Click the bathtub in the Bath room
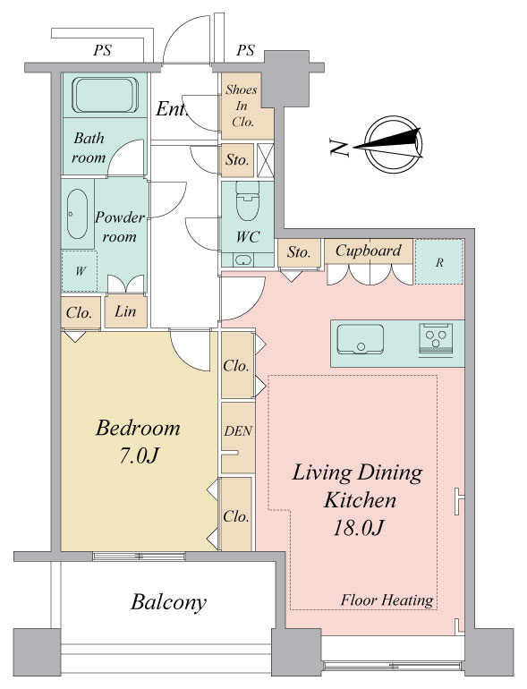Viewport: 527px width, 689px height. click(105, 95)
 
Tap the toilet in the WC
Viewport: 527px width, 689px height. click(248, 200)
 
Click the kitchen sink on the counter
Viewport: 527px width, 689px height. click(360, 339)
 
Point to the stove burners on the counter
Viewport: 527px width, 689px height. click(436, 337)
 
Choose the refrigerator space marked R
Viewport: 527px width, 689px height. click(439, 262)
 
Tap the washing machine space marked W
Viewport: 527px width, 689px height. click(79, 271)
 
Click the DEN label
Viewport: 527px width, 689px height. click(238, 431)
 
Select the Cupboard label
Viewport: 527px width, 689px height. click(369, 251)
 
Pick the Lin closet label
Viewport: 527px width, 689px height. click(125, 311)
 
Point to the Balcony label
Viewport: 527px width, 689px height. click(168, 602)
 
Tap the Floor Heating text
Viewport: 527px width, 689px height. click(387, 600)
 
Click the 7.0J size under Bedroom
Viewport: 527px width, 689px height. click(138, 456)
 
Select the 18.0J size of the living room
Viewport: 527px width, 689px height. click(359, 528)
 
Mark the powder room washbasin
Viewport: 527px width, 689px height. click(77, 214)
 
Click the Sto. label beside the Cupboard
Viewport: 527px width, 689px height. click(299, 252)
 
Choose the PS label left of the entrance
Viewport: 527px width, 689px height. click(102, 50)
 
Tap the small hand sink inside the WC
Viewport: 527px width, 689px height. click(242, 260)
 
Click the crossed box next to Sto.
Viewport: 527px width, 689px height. click(266, 160)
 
